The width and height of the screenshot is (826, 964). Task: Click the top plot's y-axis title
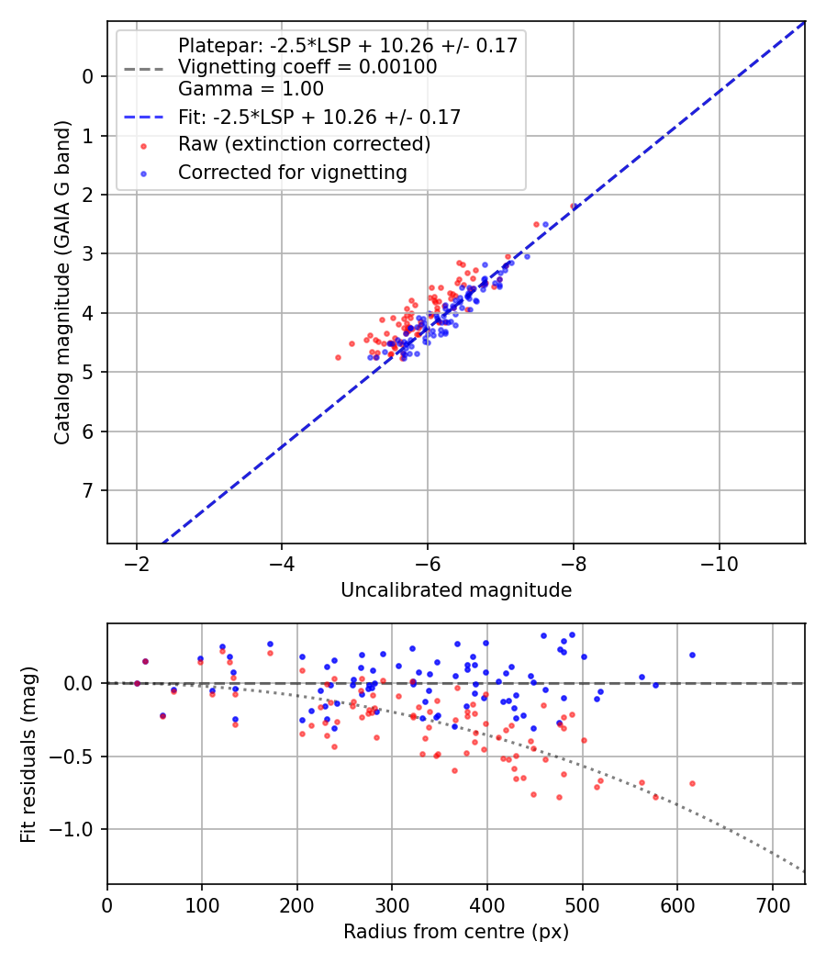point(62,282)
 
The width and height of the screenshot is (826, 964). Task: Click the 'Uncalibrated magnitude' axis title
point(456,590)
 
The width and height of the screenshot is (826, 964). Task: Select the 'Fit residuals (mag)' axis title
point(28,755)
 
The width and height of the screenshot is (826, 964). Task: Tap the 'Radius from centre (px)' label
point(456,932)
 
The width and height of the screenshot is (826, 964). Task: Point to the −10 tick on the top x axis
point(719,563)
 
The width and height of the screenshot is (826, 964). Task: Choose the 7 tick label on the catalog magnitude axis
point(88,490)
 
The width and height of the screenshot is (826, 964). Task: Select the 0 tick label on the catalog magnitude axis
point(88,76)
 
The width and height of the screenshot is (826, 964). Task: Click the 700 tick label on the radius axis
point(772,905)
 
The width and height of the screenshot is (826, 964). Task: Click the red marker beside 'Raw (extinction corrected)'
point(144,146)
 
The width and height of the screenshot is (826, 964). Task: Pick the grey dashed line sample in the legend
point(144,69)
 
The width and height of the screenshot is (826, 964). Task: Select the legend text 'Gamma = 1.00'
point(251,89)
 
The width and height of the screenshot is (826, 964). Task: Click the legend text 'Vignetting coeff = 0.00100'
point(307,66)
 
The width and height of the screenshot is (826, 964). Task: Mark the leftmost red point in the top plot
point(338,357)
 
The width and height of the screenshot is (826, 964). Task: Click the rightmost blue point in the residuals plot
point(692,655)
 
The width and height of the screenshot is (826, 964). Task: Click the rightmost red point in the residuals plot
point(692,783)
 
